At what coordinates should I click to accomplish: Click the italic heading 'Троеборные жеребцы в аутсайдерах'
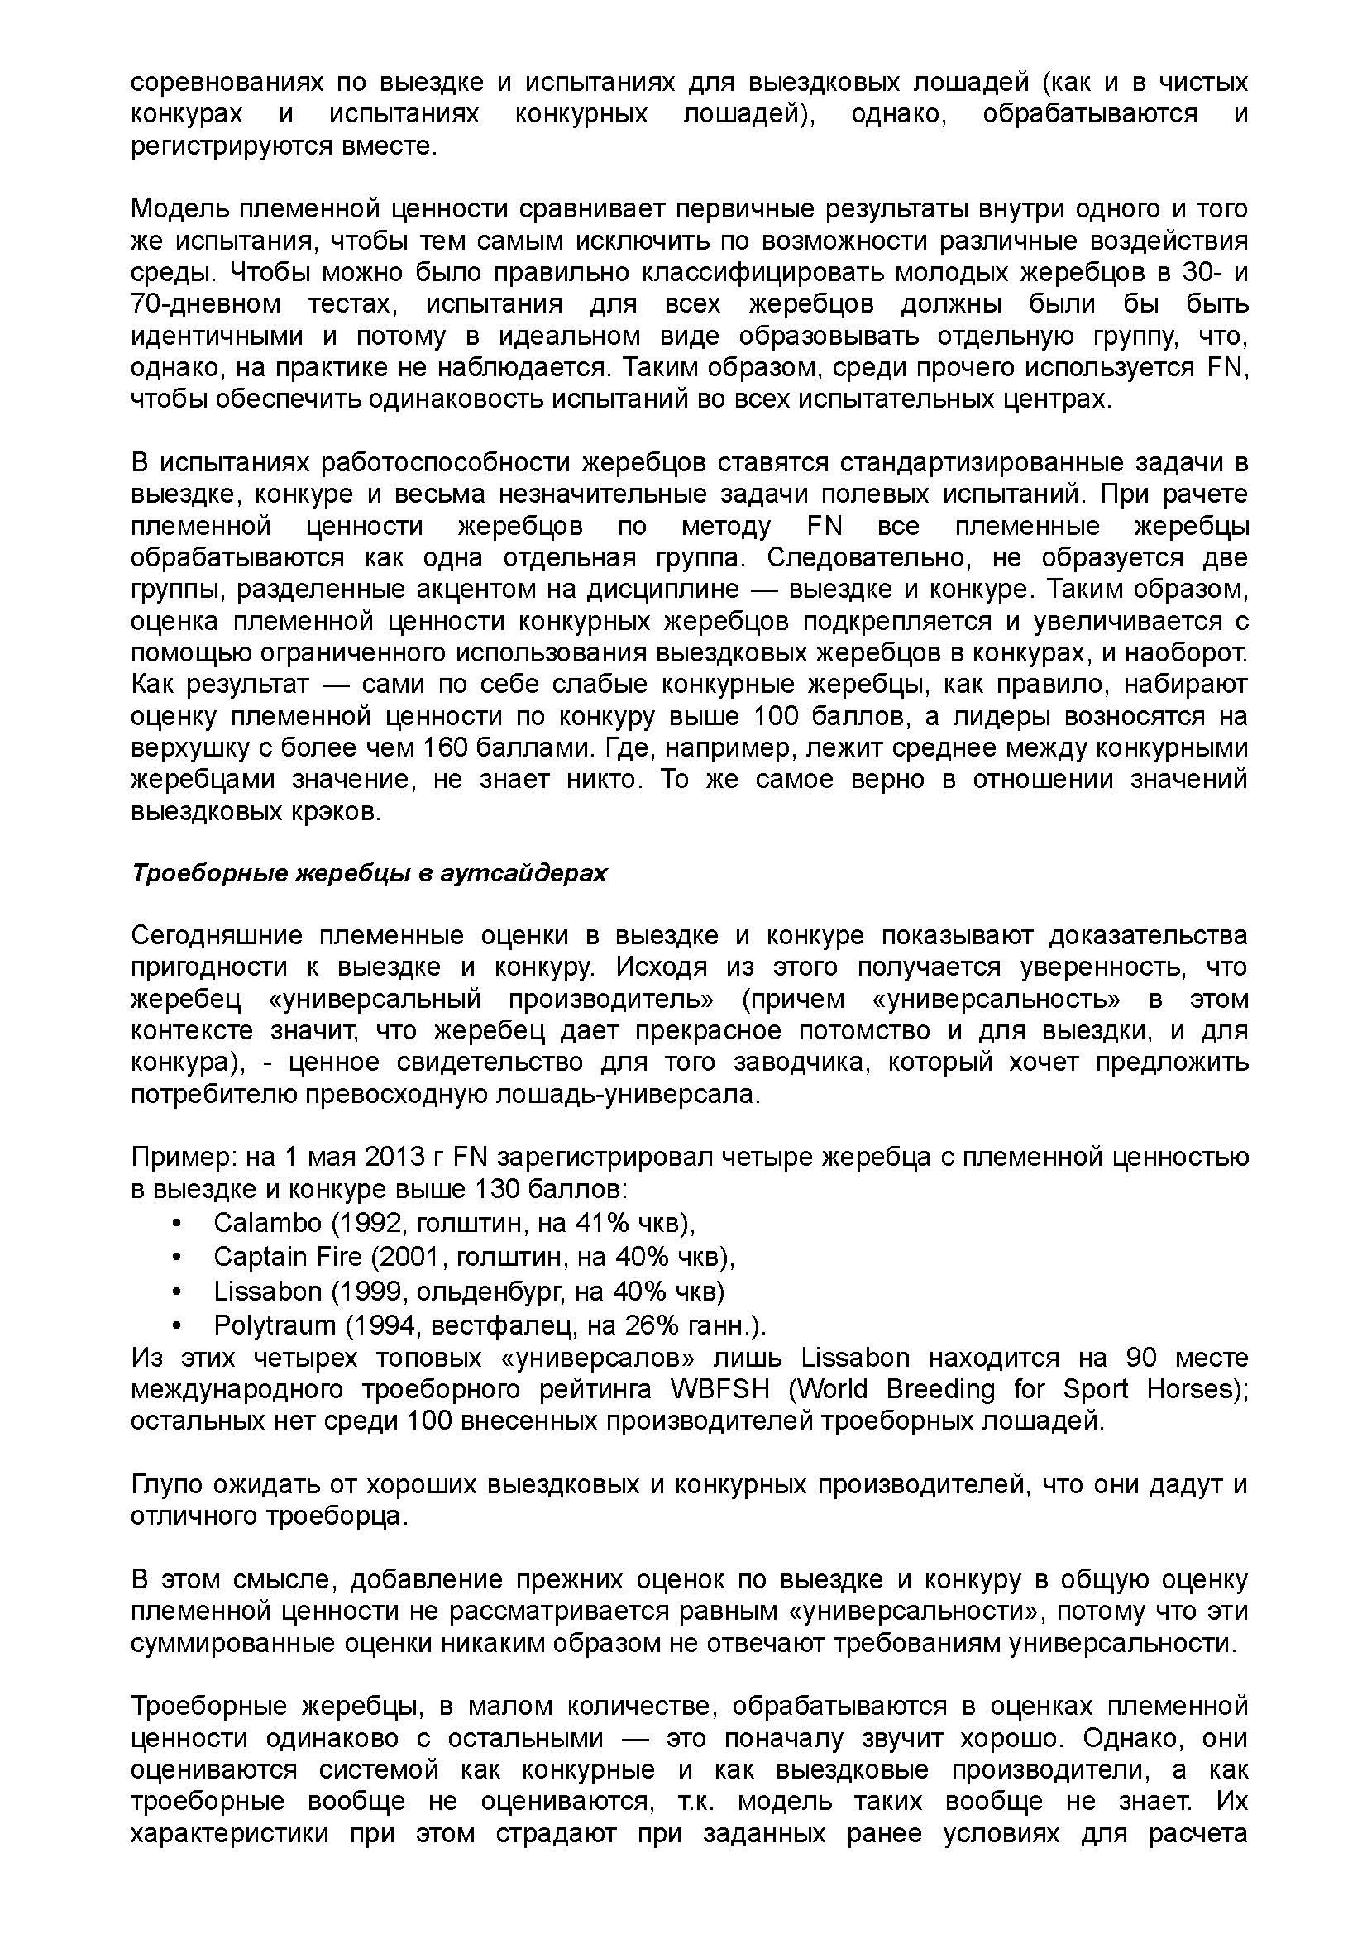click(369, 873)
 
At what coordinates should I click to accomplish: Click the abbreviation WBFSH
click(721, 1388)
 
